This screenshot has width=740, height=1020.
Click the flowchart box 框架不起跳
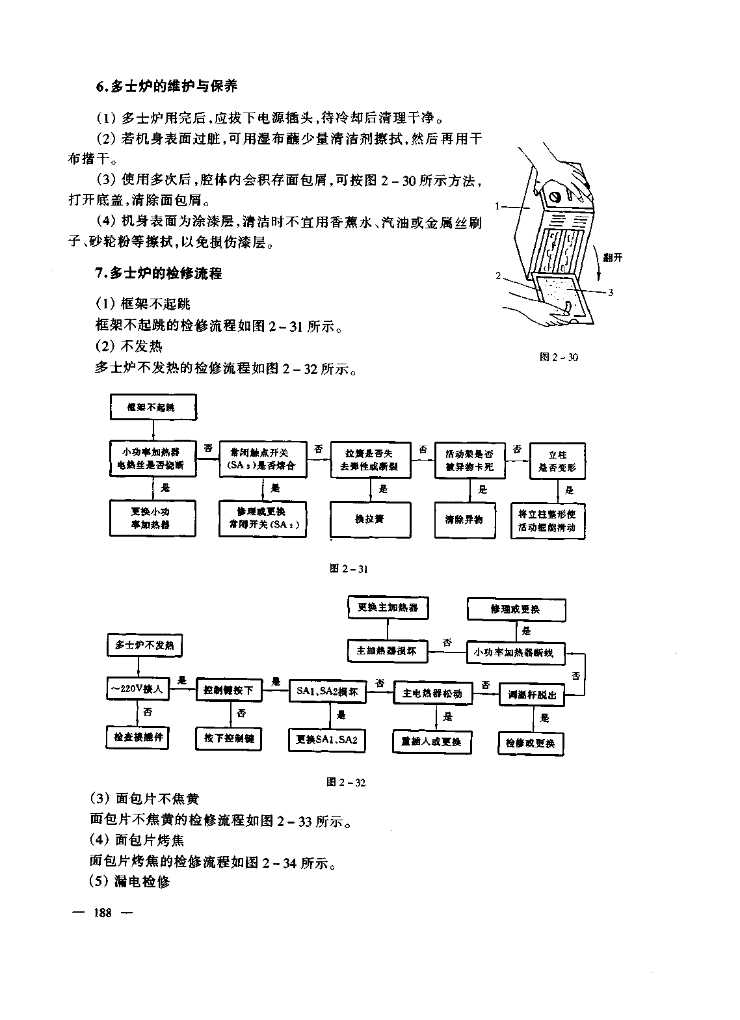(152, 408)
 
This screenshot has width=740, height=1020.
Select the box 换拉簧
(370, 519)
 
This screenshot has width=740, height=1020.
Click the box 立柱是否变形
(557, 461)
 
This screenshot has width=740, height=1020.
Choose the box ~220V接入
(137, 689)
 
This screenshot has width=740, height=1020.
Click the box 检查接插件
(138, 738)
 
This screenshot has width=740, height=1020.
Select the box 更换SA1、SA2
(326, 740)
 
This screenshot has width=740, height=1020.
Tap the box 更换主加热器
(388, 608)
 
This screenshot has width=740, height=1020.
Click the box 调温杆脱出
(532, 694)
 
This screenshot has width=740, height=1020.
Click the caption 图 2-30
(559, 356)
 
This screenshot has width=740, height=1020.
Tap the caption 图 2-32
(346, 782)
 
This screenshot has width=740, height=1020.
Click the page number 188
(103, 913)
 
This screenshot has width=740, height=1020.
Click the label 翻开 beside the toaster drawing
(612, 258)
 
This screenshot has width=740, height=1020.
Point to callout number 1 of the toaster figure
(497, 207)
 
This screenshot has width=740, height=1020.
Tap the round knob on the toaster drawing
(555, 196)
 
